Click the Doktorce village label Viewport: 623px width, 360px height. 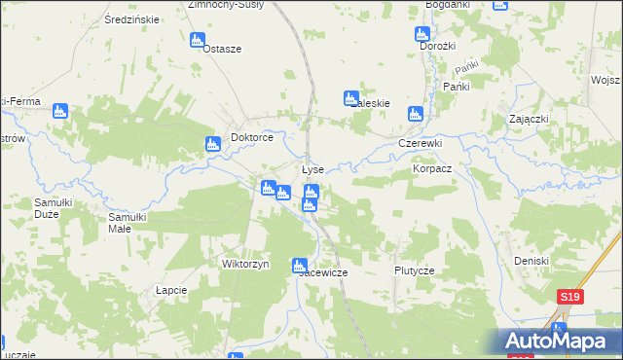click(251, 138)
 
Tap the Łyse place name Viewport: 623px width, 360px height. click(311, 169)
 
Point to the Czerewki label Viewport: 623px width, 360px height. click(421, 143)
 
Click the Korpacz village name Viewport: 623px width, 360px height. click(432, 168)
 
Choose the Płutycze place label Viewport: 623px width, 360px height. click(413, 270)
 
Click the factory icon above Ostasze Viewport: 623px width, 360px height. click(197, 41)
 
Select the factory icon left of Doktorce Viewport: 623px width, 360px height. click(213, 145)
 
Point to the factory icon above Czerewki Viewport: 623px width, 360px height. click(417, 114)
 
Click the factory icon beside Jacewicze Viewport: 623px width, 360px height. click(300, 265)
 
